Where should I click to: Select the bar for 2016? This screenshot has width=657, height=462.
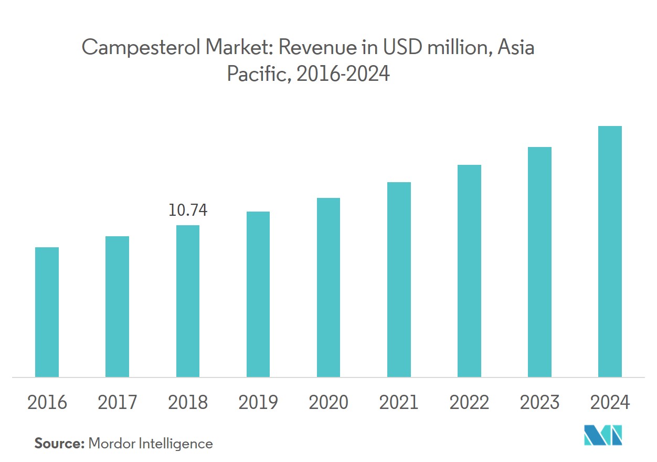pyautogui.click(x=47, y=312)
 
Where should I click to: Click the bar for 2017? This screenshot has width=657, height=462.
pyautogui.click(x=117, y=307)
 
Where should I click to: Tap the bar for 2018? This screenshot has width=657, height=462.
pyautogui.click(x=187, y=301)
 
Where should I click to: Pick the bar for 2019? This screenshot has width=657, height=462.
pyautogui.click(x=258, y=294)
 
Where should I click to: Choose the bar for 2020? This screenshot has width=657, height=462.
pyautogui.click(x=328, y=287)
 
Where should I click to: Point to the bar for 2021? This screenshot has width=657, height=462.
pyautogui.click(x=399, y=279)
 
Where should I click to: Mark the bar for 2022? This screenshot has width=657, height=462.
pyautogui.click(x=469, y=271)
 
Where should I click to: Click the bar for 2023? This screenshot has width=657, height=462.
pyautogui.click(x=539, y=262)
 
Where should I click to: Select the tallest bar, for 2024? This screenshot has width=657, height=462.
pyautogui.click(x=610, y=251)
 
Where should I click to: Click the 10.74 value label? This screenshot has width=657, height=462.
pyautogui.click(x=187, y=211)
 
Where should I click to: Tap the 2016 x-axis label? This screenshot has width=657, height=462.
pyautogui.click(x=47, y=403)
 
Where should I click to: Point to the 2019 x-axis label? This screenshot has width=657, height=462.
pyautogui.click(x=258, y=403)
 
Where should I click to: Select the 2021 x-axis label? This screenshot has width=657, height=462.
pyautogui.click(x=399, y=403)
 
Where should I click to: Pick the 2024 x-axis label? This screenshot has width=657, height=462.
pyautogui.click(x=610, y=403)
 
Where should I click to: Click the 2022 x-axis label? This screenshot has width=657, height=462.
pyautogui.click(x=469, y=403)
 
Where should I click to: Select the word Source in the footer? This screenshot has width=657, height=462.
pyautogui.click(x=59, y=444)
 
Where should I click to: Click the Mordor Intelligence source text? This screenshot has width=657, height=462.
pyautogui.click(x=151, y=444)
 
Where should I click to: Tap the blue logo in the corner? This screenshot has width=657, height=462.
pyautogui.click(x=603, y=435)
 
